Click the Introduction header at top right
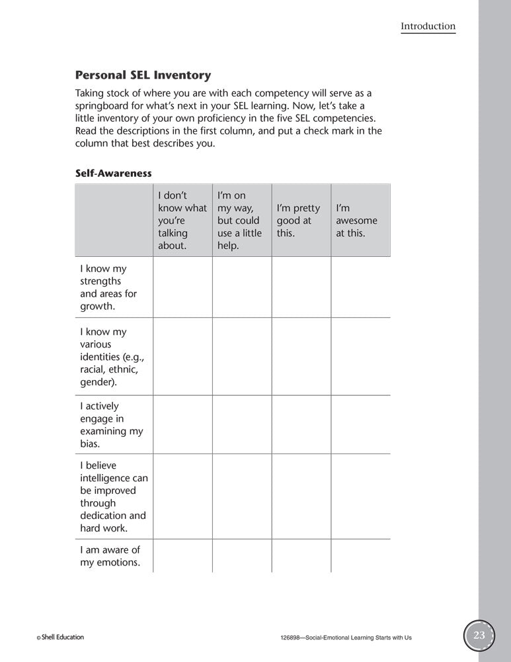[x=428, y=26]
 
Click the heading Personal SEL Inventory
[x=143, y=75]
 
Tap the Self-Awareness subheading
[x=114, y=173]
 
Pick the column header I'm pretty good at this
[x=298, y=220]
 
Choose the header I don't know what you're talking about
[x=182, y=220]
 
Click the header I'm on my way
[x=239, y=220]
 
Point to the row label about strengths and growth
[x=108, y=287]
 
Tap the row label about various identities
[x=111, y=357]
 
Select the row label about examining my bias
[x=111, y=424]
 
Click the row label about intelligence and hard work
[x=114, y=496]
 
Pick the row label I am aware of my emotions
[x=110, y=556]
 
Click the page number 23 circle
[x=479, y=636]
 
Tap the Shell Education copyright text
[x=60, y=638]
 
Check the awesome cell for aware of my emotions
[x=360, y=556]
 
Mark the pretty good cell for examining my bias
[x=301, y=424]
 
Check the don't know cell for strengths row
[x=182, y=287]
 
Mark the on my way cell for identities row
[x=241, y=357]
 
